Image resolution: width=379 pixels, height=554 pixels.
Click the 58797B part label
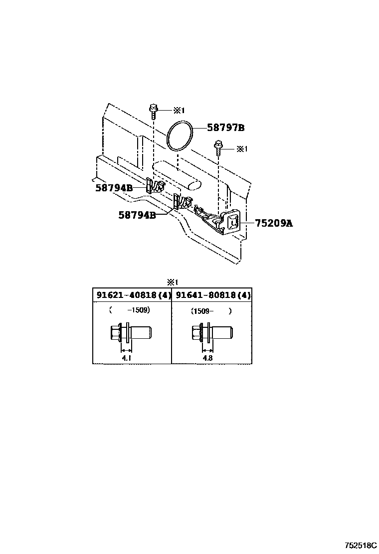click(226, 128)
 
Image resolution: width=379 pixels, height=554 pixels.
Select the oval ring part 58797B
click(181, 135)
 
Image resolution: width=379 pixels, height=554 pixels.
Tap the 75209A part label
click(274, 224)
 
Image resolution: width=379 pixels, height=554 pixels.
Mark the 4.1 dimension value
click(127, 357)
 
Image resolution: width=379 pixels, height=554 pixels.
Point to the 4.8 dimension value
click(207, 357)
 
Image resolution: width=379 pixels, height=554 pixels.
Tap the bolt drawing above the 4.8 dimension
click(211, 332)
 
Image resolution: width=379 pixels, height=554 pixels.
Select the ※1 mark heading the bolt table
click(173, 281)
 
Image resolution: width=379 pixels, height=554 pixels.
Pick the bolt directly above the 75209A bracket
click(218, 147)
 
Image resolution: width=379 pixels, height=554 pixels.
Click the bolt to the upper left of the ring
click(154, 111)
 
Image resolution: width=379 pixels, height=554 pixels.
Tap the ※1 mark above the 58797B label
click(179, 110)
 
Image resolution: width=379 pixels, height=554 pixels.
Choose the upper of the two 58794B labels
click(114, 188)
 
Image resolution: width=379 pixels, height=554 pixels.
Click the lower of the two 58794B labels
click(137, 215)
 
